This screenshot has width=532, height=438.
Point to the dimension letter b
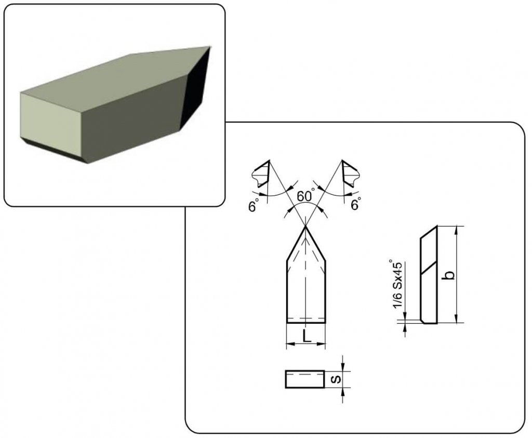point(449,275)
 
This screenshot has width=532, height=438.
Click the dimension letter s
point(336,379)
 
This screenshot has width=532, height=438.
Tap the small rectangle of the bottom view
point(305,379)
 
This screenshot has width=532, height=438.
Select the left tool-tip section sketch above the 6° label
point(261,174)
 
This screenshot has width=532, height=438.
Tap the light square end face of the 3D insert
point(51,127)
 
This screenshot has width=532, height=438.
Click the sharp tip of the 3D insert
point(210,47)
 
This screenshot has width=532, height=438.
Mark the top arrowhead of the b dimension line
point(457,230)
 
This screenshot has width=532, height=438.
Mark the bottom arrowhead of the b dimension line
point(457,318)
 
